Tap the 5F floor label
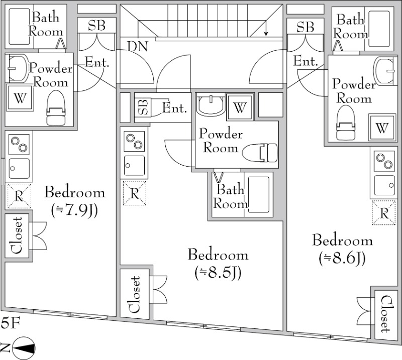11,323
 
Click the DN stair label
137,46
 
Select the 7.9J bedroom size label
74,210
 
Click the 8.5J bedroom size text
218,273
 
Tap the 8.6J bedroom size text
342,259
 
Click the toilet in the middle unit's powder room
260,153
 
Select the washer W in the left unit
20,97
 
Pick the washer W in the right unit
382,128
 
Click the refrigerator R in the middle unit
135,193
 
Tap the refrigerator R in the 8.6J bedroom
384,213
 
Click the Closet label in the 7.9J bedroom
17,235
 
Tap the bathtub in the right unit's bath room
379,29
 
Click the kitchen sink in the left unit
19,168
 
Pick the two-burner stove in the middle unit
134,141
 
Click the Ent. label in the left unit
97,62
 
